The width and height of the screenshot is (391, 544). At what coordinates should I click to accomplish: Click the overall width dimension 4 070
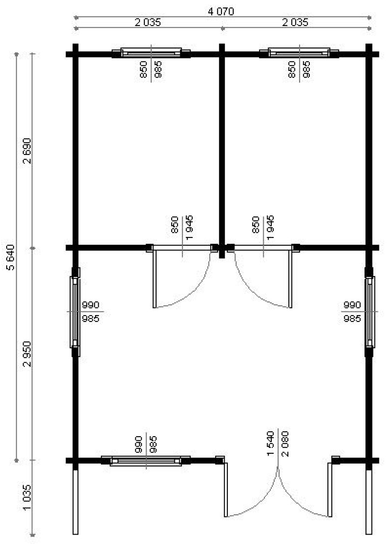click(x=221, y=11)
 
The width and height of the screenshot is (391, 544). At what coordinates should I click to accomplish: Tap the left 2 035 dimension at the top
click(x=148, y=22)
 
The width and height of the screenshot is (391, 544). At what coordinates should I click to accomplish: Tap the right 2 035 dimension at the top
click(x=295, y=22)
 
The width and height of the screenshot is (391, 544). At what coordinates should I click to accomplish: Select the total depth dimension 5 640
click(x=11, y=258)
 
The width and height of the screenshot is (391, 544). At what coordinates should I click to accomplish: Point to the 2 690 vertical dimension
click(x=27, y=151)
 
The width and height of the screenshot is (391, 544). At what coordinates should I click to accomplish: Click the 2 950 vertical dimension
click(x=27, y=354)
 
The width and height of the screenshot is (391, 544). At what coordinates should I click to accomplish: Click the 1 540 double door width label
click(x=270, y=443)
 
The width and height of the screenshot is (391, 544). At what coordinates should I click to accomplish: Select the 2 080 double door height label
click(x=285, y=444)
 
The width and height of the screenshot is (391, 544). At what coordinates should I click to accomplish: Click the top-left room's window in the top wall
click(x=151, y=53)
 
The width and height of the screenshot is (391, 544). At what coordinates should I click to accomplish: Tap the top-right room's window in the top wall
click(x=299, y=53)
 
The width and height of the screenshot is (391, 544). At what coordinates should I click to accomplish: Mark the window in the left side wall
click(x=75, y=312)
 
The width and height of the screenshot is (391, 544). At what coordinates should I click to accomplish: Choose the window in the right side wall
click(x=369, y=312)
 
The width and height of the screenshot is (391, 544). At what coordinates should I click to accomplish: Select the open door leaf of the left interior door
click(x=154, y=279)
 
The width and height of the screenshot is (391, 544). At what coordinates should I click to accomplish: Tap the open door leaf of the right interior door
click(x=290, y=279)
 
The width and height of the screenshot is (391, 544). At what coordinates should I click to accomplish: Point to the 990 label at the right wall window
click(x=352, y=305)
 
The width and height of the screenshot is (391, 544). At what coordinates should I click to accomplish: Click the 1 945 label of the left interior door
click(x=189, y=227)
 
